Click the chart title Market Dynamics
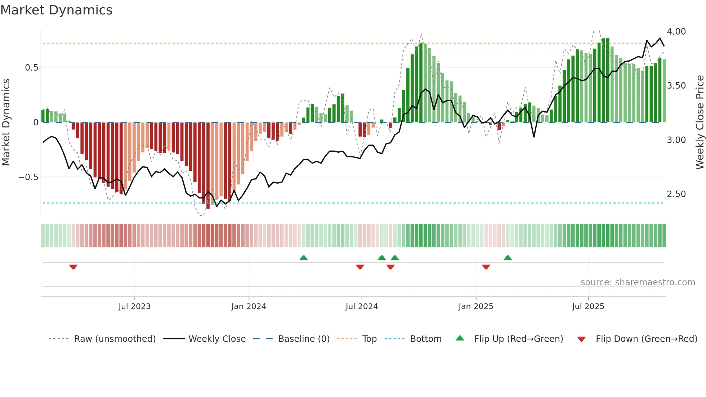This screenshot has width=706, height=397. (57, 10)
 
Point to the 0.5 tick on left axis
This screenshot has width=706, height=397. (31, 68)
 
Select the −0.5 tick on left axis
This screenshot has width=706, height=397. (28, 177)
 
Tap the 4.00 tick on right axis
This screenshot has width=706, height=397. (676, 32)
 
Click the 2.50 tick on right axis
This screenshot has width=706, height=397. (676, 194)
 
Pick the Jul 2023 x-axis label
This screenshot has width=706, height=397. (134, 307)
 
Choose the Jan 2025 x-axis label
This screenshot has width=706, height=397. (475, 307)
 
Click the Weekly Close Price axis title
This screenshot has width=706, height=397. (700, 122)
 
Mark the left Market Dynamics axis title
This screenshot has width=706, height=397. (6, 122)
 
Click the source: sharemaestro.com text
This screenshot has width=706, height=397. (638, 282)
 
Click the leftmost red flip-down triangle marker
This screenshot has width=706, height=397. (73, 267)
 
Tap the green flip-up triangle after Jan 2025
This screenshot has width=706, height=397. (508, 258)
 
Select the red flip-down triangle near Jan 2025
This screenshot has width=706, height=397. (486, 267)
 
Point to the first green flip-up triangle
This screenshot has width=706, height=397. (303, 258)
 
